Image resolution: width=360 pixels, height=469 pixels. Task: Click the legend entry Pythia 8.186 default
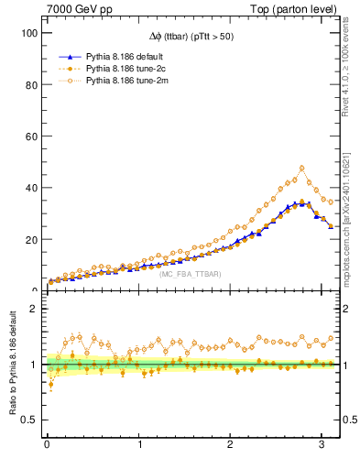point(119,57)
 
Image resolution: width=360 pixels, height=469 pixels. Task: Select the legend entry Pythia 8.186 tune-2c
point(119,70)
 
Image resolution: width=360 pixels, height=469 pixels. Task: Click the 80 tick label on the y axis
point(28,84)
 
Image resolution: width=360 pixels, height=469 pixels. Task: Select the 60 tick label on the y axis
point(28,136)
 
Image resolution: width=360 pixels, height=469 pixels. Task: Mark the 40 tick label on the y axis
point(28,188)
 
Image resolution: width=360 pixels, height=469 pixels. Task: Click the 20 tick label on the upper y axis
point(28,240)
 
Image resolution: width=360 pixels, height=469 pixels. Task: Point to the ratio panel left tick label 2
point(31,309)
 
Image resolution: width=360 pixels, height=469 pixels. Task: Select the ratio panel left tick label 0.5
point(27,420)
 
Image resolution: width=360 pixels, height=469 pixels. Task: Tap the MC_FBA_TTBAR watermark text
point(189,275)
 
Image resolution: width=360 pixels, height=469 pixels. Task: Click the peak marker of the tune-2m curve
point(301,168)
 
